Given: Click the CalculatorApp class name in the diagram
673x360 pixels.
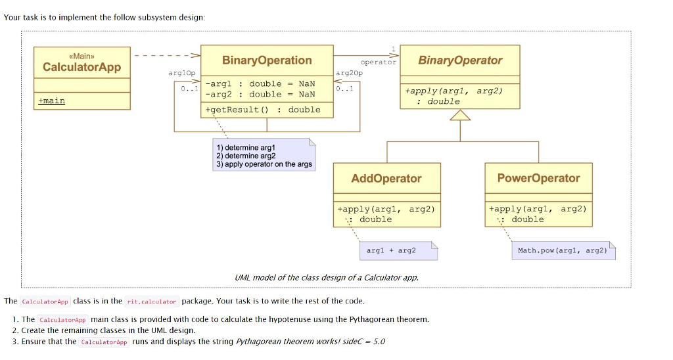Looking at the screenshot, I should pos(81,67).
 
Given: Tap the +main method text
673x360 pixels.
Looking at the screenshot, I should pos(52,101).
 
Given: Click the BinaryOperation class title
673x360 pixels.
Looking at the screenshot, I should pos(267,60).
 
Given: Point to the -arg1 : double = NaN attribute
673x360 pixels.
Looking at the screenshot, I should pos(260,83).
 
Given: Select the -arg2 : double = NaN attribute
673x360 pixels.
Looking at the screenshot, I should pos(260,94).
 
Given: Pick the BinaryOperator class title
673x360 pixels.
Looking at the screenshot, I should pos(460,60).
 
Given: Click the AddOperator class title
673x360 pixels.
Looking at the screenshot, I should pos(386,178).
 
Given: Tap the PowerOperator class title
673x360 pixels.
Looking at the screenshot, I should pos(538,178).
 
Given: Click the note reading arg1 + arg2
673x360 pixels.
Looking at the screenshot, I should pos(391,250).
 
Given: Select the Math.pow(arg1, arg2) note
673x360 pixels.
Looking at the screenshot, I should pos(562,250).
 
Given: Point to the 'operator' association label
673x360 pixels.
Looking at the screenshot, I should pos(379,62).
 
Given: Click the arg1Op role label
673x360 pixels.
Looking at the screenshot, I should pos(182,74).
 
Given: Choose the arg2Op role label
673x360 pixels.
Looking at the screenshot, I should pos(349,74).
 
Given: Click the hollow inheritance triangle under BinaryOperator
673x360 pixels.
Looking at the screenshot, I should pos(460,116).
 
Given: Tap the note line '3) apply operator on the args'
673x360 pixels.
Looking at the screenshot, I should pos(264,164).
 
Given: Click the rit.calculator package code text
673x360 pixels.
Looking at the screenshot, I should pos(152,302).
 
